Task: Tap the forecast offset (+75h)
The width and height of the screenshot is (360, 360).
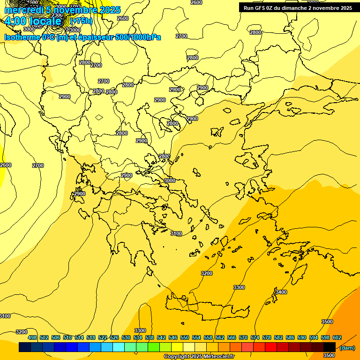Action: (x=81, y=21)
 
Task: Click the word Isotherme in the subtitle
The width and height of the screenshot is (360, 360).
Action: (x=22, y=37)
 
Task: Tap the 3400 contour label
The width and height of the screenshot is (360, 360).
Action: (x=281, y=292)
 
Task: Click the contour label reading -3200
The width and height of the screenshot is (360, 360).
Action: (x=21, y=332)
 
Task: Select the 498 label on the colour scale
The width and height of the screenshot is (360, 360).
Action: (x=32, y=337)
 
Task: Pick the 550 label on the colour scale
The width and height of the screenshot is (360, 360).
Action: (x=185, y=337)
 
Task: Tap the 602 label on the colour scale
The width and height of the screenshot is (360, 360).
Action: (x=337, y=337)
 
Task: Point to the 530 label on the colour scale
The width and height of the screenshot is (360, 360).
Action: (x=126, y=337)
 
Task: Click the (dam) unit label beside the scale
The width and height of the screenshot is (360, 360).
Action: (x=347, y=348)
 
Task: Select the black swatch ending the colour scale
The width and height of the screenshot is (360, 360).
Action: (x=330, y=347)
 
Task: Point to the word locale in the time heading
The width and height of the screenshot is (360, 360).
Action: (x=45, y=21)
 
